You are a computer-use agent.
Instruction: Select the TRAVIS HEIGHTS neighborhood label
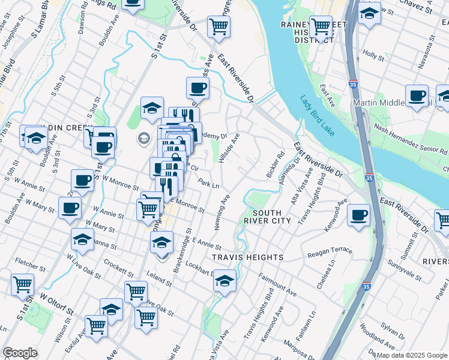click(247, 257)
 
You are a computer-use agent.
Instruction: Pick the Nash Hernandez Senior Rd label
click(410, 139)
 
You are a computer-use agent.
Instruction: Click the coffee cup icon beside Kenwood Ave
click(359, 217)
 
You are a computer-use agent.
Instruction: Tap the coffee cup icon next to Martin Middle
click(417, 97)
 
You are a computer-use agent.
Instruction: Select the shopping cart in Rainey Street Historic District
click(322, 28)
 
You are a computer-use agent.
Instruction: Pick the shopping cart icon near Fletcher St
click(23, 286)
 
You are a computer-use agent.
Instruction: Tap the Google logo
click(20, 353)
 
